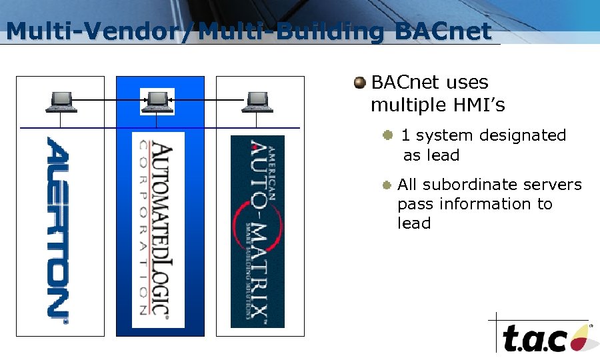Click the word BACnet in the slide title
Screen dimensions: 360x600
443,31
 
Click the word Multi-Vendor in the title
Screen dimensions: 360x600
93,31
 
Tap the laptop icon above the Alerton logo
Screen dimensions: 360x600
61,101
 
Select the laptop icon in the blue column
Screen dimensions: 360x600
157,101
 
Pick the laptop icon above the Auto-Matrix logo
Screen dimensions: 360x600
257,101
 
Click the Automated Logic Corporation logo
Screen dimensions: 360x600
158,230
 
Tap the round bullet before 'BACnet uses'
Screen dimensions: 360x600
360,83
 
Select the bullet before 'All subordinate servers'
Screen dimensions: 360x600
387,185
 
